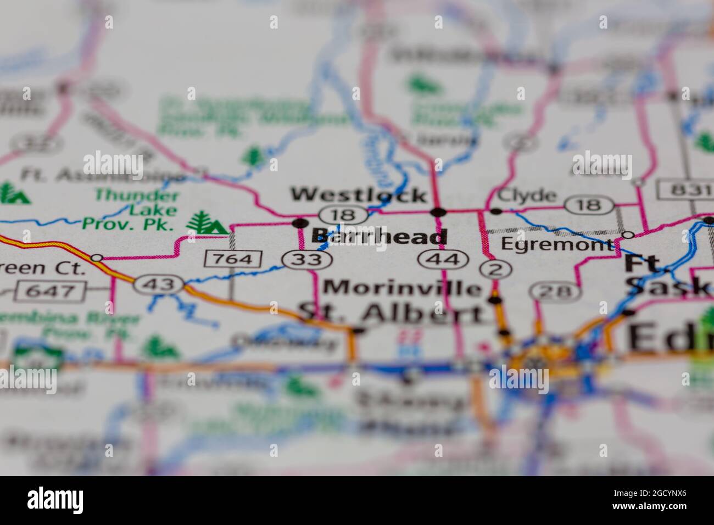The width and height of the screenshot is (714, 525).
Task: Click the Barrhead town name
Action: pos(379,237)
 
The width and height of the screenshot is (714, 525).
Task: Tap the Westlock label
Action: pos(359,194)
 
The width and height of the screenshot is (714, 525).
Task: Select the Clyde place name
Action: pos(519,196)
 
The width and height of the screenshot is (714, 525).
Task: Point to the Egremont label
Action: pos(557,244)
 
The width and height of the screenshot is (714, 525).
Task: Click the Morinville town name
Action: pos(402,287)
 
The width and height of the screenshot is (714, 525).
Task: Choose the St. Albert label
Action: pos(392,313)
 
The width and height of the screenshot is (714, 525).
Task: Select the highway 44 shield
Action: pos(442,259)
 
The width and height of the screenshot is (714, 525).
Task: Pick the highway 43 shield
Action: pos(160,284)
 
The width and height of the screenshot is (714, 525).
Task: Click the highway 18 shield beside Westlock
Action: pos(343,214)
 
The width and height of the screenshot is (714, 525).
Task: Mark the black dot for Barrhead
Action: pos(300,223)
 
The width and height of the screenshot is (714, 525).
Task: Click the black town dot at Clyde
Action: pos(496,211)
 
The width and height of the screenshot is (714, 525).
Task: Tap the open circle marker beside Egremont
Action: pos(628,235)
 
